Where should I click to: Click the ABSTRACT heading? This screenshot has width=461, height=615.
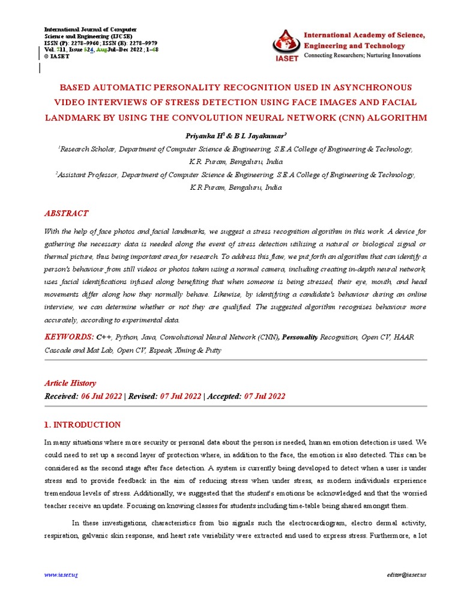[x=67, y=213]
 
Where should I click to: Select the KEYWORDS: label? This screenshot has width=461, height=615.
[x=69, y=338]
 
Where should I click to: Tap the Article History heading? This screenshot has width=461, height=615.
[x=70, y=383]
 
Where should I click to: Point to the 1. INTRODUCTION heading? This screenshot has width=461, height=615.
[x=83, y=425]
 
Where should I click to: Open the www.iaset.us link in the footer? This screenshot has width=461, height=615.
[x=61, y=575]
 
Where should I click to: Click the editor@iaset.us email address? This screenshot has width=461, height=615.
[x=406, y=575]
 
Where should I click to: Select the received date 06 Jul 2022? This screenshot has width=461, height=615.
[x=101, y=396]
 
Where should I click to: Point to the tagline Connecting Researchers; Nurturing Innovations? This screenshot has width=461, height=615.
[x=363, y=55]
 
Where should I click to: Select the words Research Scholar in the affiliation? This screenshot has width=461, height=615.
[x=85, y=149]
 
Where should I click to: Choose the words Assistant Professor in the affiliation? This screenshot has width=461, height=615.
[x=88, y=175]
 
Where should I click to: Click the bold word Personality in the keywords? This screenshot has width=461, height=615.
[x=300, y=338]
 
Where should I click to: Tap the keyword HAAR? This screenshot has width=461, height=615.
[x=404, y=338]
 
